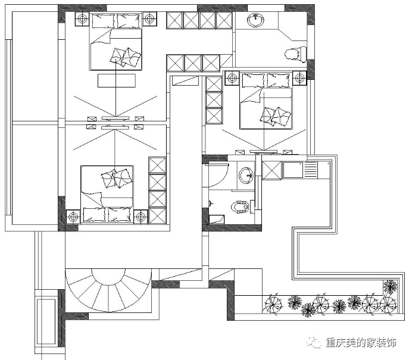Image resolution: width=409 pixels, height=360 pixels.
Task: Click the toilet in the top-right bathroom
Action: [295, 54]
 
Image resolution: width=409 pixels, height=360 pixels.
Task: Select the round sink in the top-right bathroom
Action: [255, 20]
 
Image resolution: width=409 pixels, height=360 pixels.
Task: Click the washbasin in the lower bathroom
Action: [246, 175]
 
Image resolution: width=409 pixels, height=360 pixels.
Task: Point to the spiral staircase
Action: [108, 290]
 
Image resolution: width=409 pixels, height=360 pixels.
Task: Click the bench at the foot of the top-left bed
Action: [117, 80]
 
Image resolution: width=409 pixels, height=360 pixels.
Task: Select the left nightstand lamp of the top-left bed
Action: [83, 19]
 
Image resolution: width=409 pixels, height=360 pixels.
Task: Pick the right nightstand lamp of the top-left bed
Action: [149, 19]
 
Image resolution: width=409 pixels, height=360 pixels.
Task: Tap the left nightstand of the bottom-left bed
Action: [73, 217]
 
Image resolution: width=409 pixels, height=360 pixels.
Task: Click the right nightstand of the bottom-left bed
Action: [141, 217]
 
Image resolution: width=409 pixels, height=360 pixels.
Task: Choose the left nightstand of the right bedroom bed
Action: [232, 78]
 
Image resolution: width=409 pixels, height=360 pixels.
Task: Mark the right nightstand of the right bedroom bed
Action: [299, 78]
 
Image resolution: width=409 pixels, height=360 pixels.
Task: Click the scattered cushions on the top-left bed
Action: [126, 57]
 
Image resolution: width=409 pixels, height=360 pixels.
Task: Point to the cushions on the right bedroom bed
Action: [276, 116]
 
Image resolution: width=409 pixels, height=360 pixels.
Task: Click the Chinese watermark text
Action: [361, 343]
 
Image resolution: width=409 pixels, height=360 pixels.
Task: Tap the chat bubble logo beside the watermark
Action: [314, 342]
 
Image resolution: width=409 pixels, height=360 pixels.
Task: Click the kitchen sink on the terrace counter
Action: [293, 170]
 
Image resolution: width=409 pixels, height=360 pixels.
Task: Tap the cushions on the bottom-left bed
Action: [116, 178]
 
